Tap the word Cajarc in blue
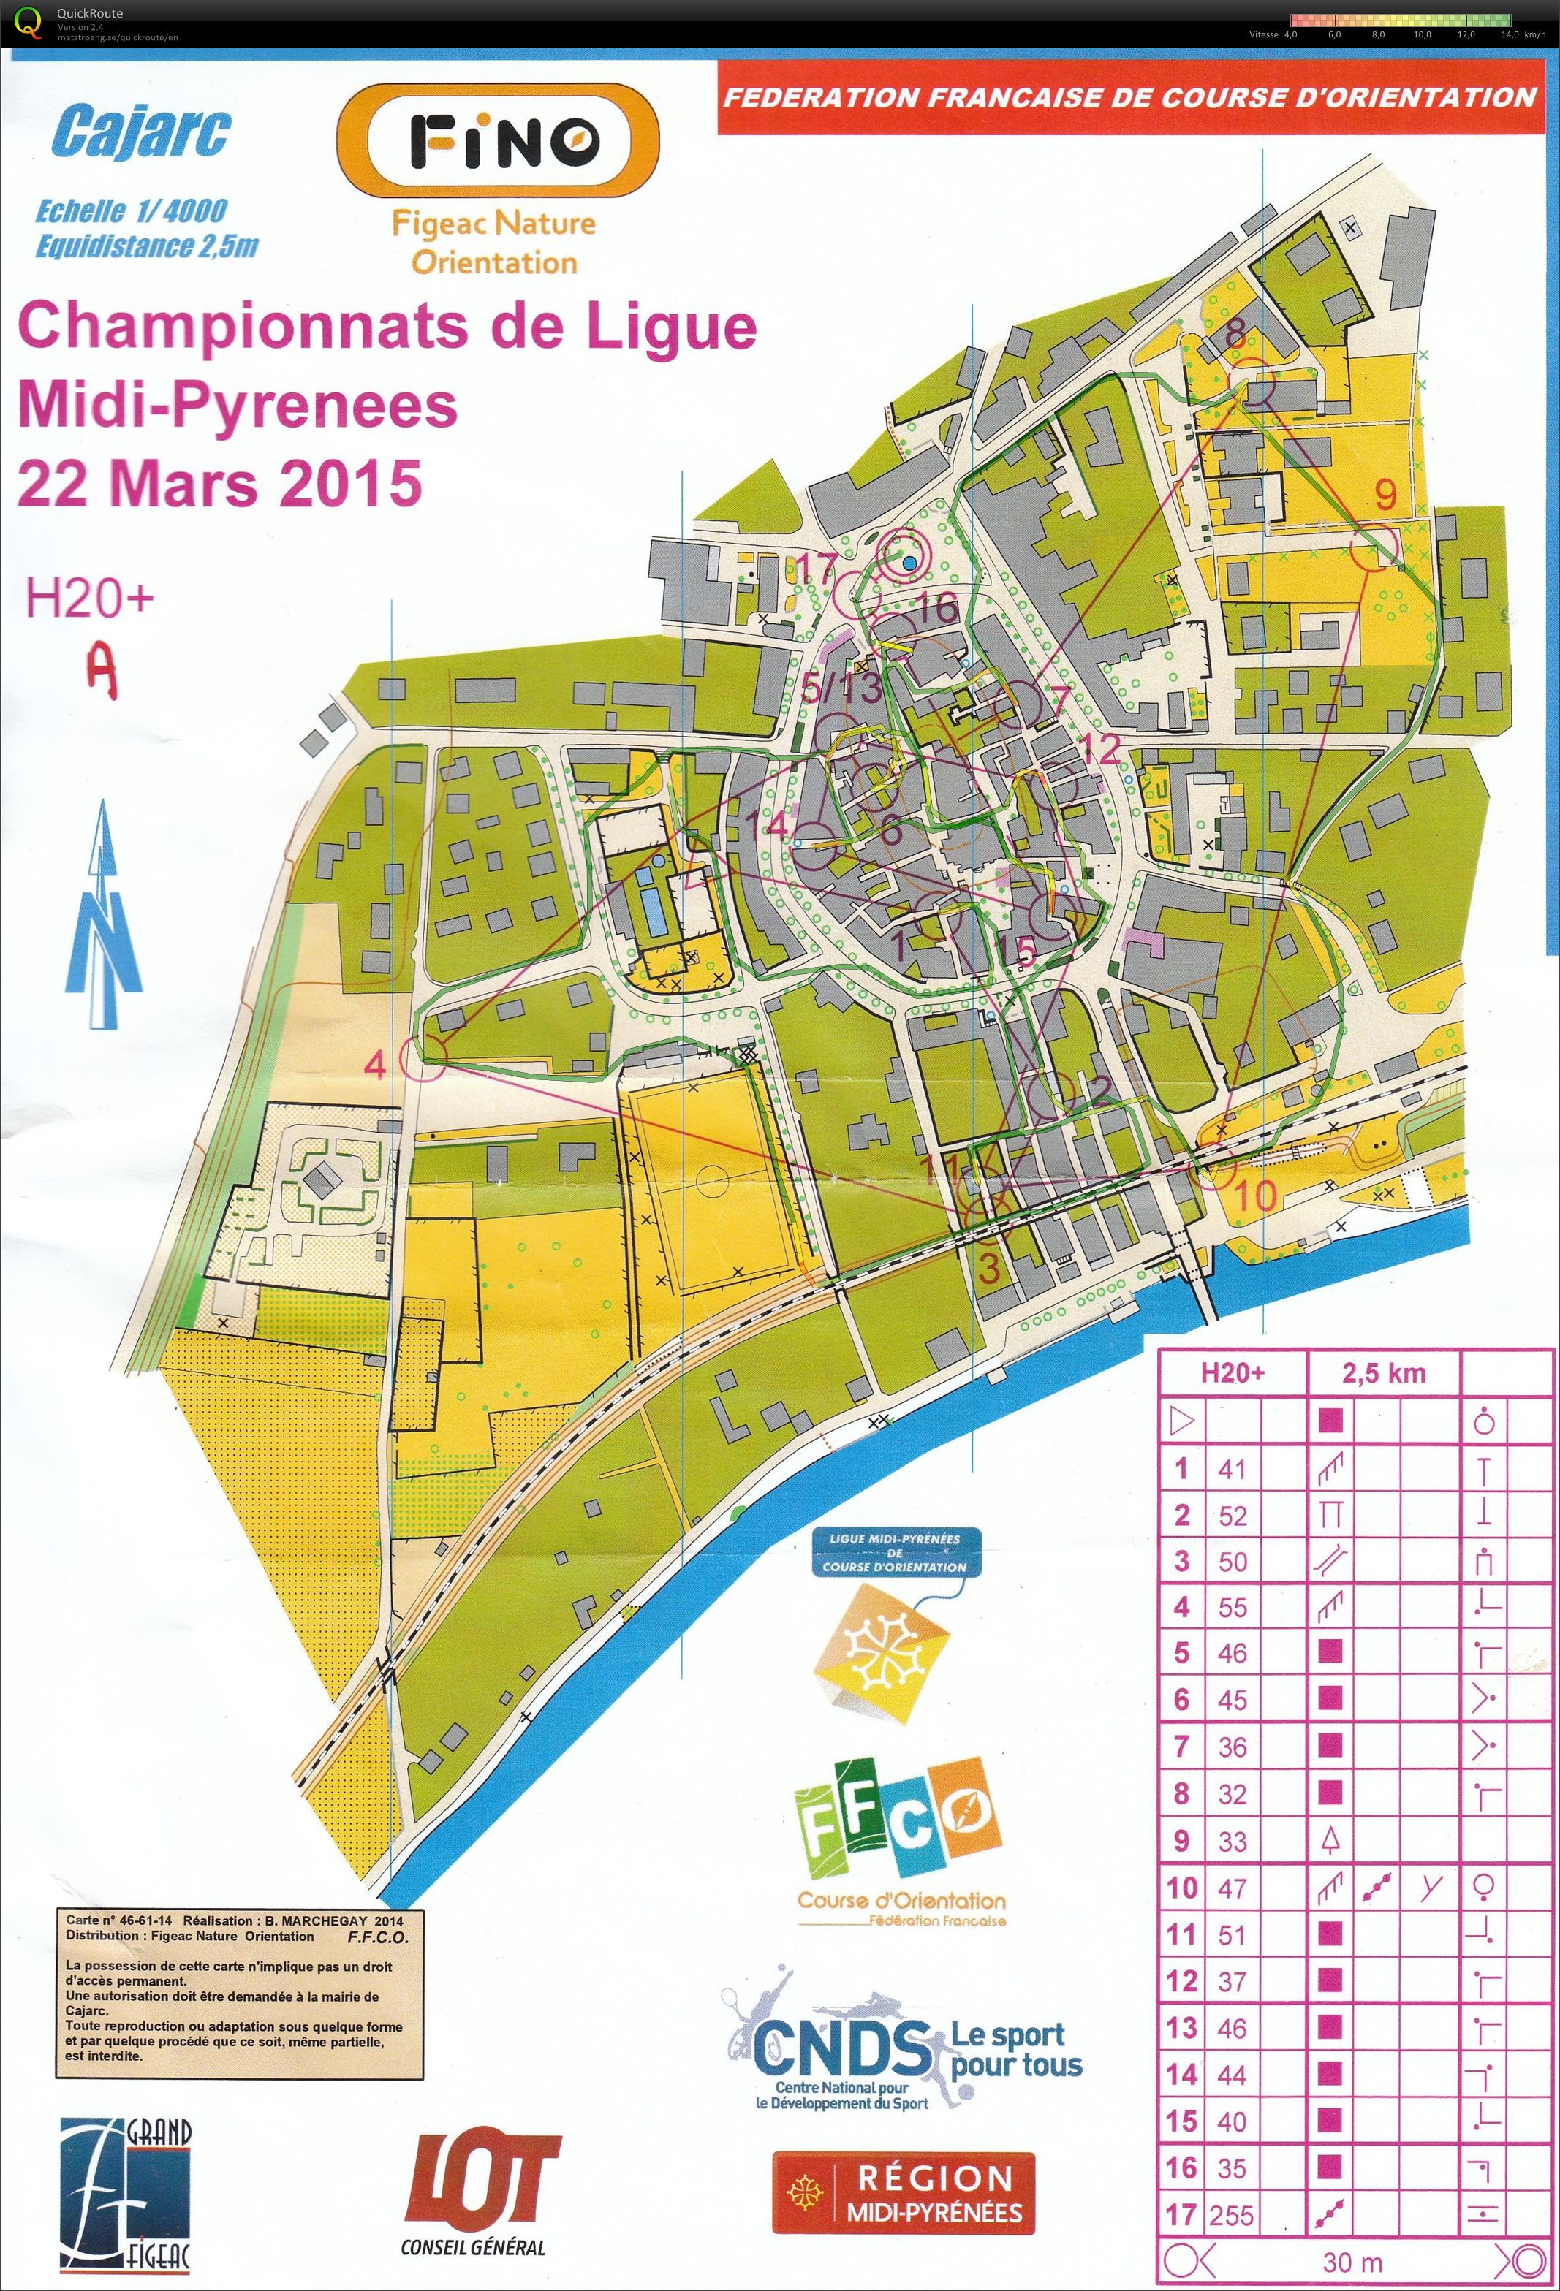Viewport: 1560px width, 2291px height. [140, 132]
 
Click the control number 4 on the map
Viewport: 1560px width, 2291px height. [376, 1065]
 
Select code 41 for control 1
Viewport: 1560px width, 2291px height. [1232, 1469]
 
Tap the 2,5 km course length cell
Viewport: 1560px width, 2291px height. [1384, 1373]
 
